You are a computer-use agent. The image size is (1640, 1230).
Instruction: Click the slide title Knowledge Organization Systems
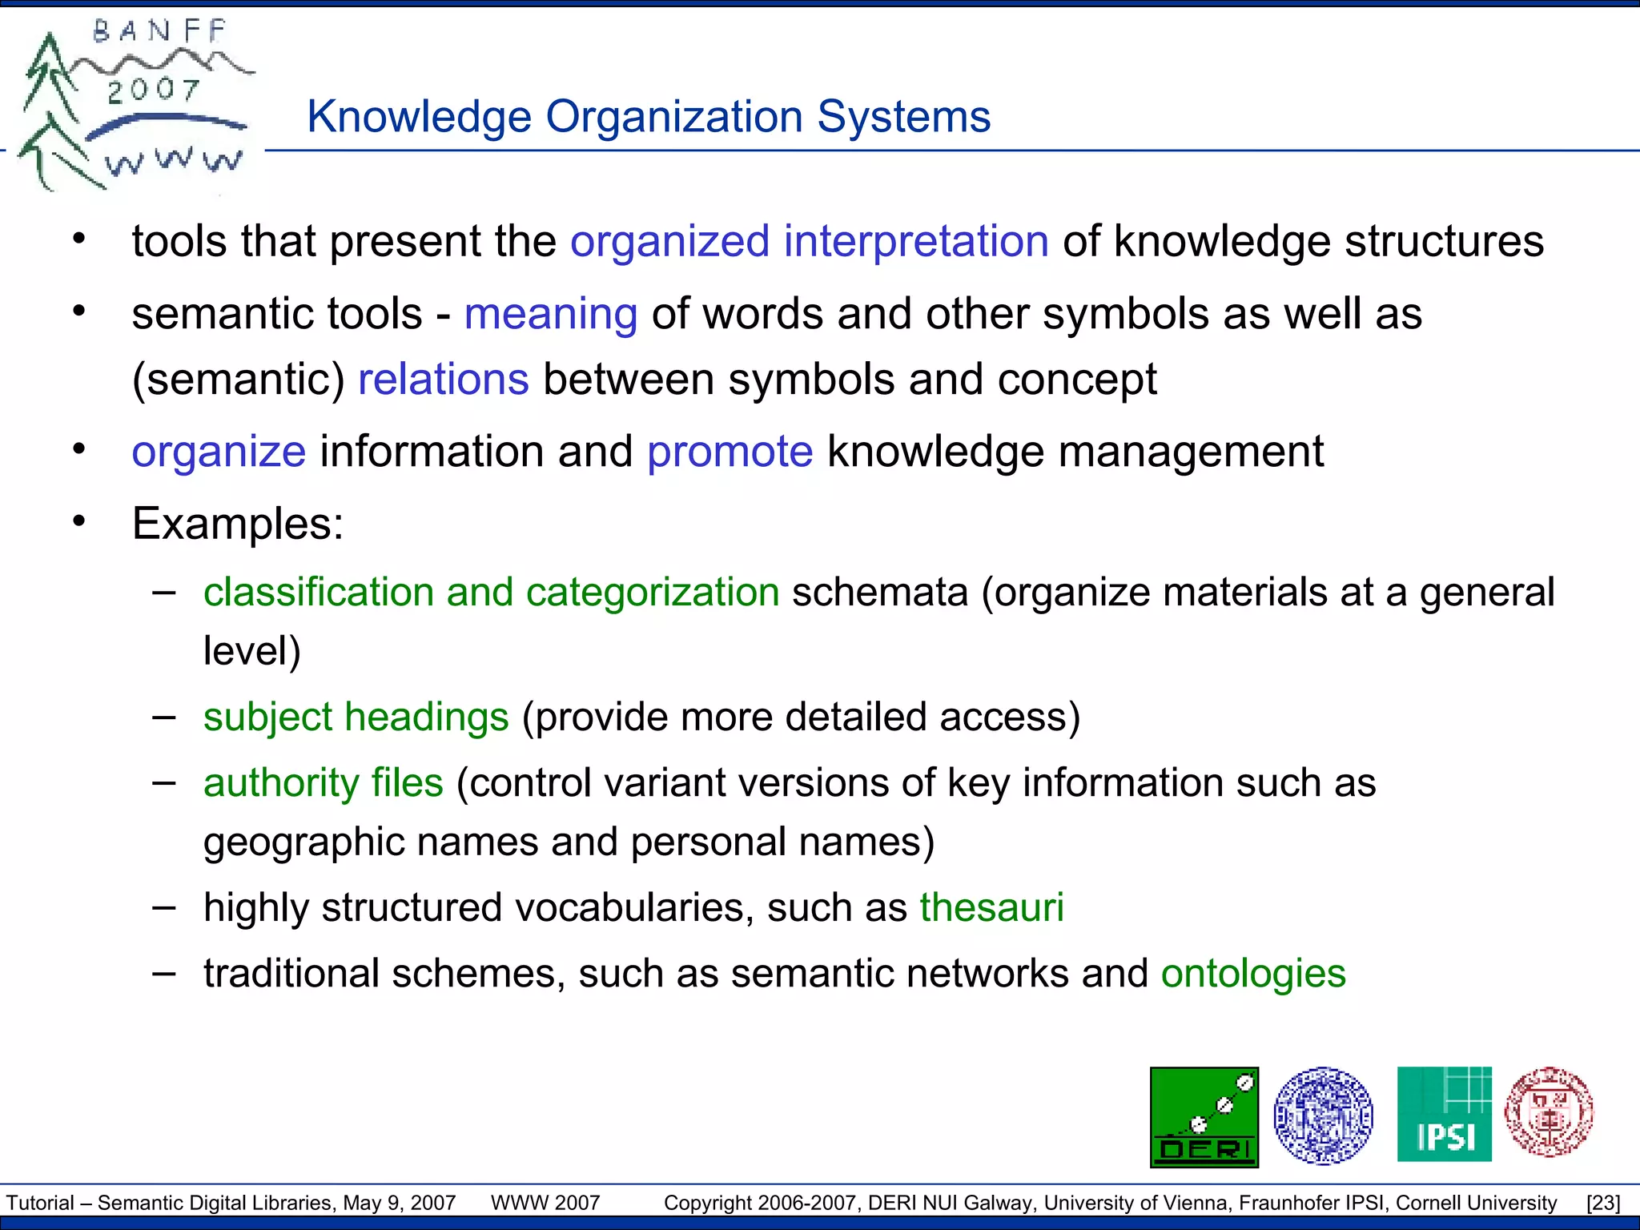pyautogui.click(x=649, y=117)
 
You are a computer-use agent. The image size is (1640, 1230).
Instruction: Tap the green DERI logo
pyautogui.click(x=1204, y=1117)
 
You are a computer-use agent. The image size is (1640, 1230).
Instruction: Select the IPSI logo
pyautogui.click(x=1444, y=1114)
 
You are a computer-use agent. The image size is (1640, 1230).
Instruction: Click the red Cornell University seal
pyautogui.click(x=1549, y=1112)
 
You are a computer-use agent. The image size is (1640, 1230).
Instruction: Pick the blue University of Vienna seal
pyautogui.click(x=1323, y=1115)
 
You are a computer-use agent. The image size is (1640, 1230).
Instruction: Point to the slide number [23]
pyautogui.click(x=1603, y=1203)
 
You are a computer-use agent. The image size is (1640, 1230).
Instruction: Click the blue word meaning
pyautogui.click(x=551, y=313)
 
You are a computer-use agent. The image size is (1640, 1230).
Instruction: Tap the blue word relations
pyautogui.click(x=443, y=379)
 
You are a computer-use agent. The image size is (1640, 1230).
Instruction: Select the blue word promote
pyautogui.click(x=730, y=451)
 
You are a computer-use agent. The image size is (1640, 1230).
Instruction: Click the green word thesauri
pyautogui.click(x=991, y=907)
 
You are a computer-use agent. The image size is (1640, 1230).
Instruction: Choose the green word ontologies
pyautogui.click(x=1253, y=974)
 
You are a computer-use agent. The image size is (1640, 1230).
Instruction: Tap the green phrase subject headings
pyautogui.click(x=356, y=717)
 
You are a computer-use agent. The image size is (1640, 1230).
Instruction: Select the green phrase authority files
pyautogui.click(x=323, y=782)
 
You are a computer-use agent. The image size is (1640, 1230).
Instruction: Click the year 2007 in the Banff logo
pyautogui.click(x=154, y=90)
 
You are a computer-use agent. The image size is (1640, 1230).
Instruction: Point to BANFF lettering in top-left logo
pyautogui.click(x=160, y=32)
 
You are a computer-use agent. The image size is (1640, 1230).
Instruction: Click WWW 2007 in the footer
pyautogui.click(x=545, y=1203)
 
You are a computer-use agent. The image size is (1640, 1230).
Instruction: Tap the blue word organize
pyautogui.click(x=219, y=452)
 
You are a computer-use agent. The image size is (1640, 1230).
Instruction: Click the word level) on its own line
pyautogui.click(x=251, y=650)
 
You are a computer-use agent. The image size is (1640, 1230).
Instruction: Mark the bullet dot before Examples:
pyautogui.click(x=78, y=522)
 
